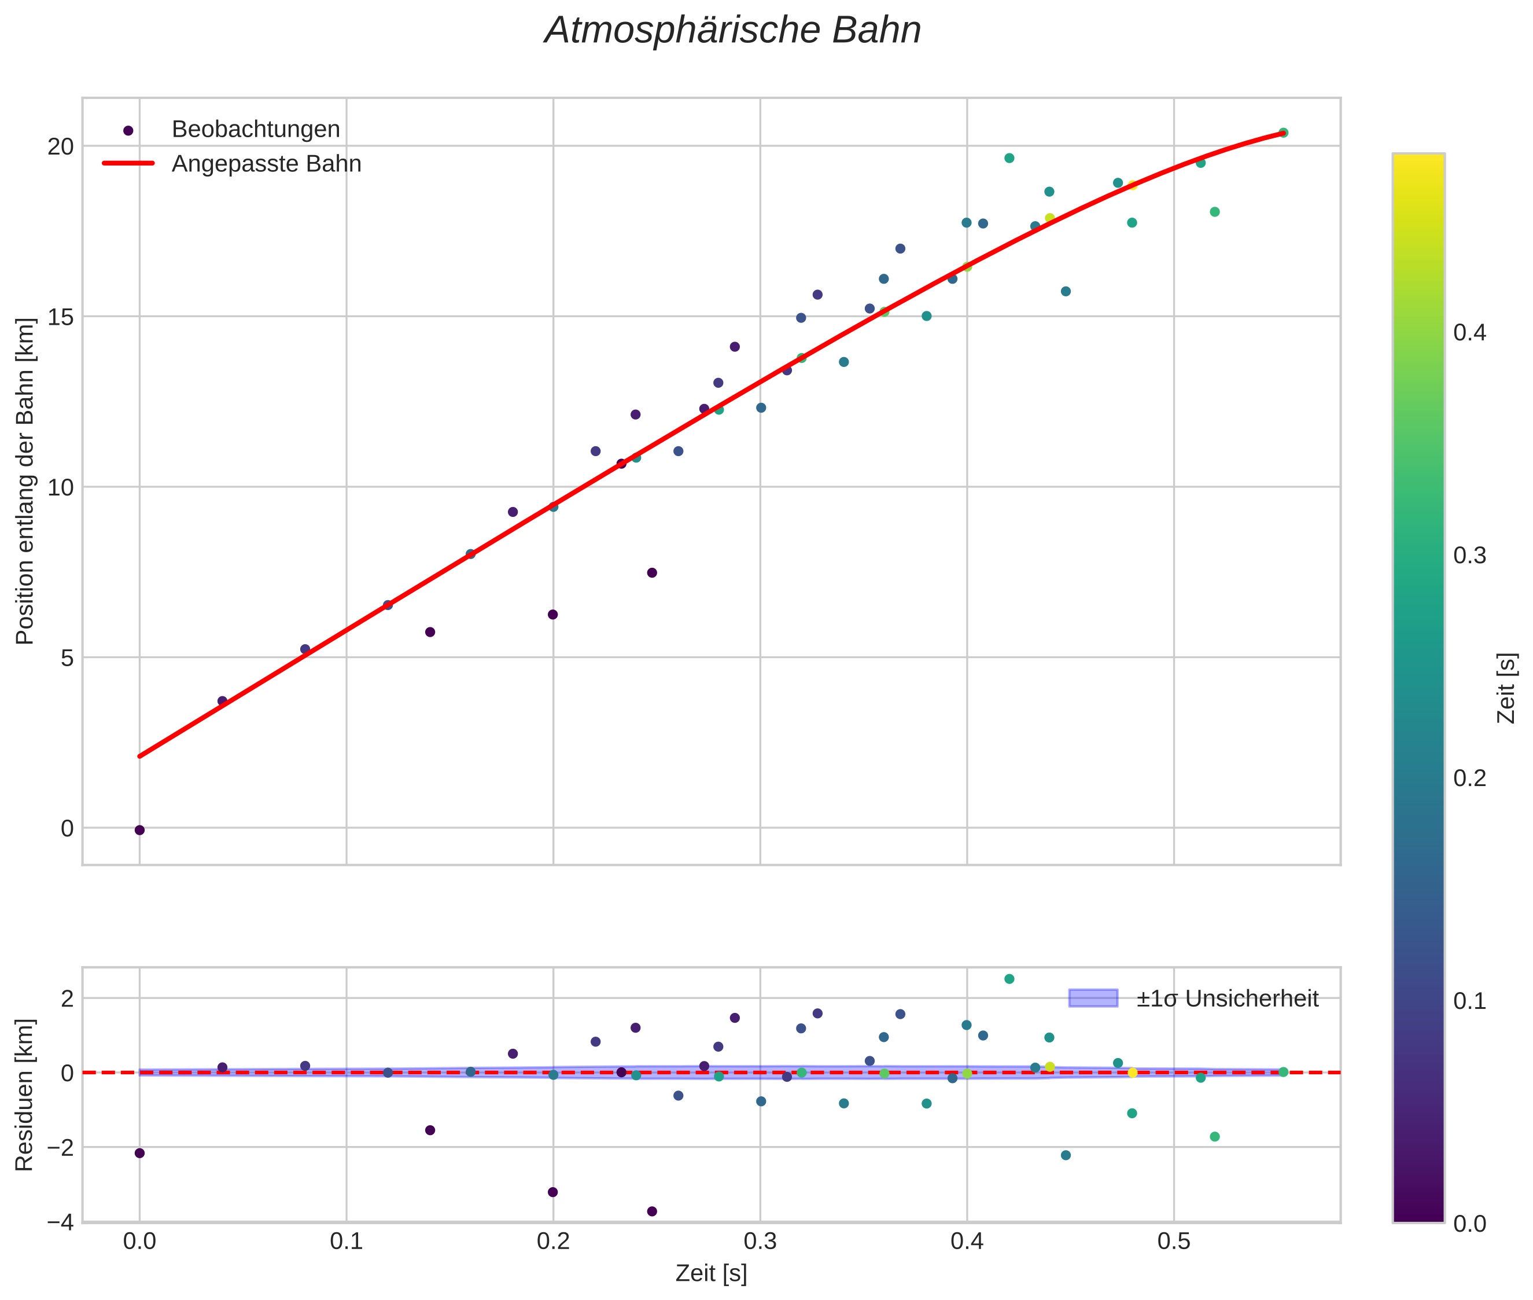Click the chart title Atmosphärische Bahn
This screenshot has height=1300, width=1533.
(x=732, y=31)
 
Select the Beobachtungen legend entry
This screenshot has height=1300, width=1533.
(x=255, y=130)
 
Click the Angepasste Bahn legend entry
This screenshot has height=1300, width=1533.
(x=266, y=164)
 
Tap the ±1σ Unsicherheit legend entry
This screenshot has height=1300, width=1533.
(x=1226, y=998)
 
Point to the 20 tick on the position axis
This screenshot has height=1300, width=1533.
(x=61, y=146)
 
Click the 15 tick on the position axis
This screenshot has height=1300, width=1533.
(x=61, y=317)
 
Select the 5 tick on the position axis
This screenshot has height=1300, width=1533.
(x=67, y=658)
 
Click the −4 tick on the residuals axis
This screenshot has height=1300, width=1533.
(x=60, y=1222)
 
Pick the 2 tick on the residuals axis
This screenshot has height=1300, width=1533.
(x=67, y=998)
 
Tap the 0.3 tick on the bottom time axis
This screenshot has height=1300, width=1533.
(x=760, y=1243)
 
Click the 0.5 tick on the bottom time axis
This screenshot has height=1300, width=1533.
(x=1174, y=1243)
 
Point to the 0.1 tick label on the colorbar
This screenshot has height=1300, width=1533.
(x=1469, y=1001)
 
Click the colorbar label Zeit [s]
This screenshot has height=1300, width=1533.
(x=1507, y=688)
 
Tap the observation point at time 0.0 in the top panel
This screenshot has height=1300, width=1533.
(x=139, y=831)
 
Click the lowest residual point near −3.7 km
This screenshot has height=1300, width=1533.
(x=652, y=1211)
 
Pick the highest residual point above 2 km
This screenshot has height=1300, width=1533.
(x=1009, y=979)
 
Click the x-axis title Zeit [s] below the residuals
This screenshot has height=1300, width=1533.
(x=711, y=1273)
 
